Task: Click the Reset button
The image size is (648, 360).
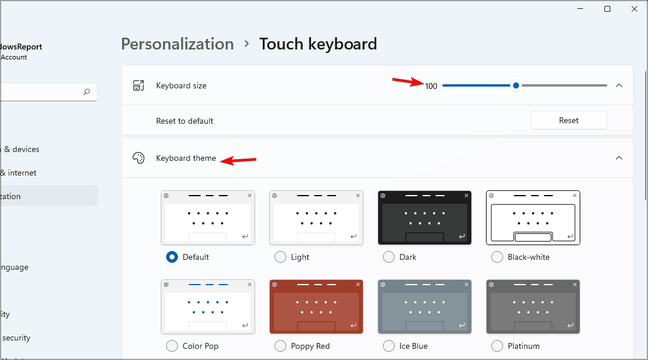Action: coord(568,120)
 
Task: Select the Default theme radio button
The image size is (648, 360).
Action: coord(172,257)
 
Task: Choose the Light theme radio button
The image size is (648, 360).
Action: coord(280,257)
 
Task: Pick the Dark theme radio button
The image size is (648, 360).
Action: coord(389,257)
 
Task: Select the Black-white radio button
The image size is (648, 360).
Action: coord(497,257)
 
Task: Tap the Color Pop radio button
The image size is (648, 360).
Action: coord(172,346)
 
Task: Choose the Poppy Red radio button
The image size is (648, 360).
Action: coord(280,346)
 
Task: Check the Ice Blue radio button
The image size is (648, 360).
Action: coord(389,346)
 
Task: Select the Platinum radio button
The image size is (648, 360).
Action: coord(497,346)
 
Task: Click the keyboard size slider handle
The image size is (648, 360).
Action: coord(516,85)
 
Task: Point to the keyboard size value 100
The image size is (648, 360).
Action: coord(431,86)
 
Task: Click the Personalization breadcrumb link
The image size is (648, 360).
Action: coord(177,44)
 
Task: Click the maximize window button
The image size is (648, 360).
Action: coord(607,9)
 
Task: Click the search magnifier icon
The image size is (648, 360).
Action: coord(87,92)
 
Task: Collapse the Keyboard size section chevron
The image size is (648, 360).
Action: coord(619,85)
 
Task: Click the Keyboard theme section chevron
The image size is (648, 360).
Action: coord(619,158)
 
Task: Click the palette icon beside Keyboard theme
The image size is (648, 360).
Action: coord(138,158)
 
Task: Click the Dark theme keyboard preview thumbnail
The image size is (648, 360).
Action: coord(425,217)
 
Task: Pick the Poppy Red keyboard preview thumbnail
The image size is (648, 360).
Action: coord(316,306)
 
